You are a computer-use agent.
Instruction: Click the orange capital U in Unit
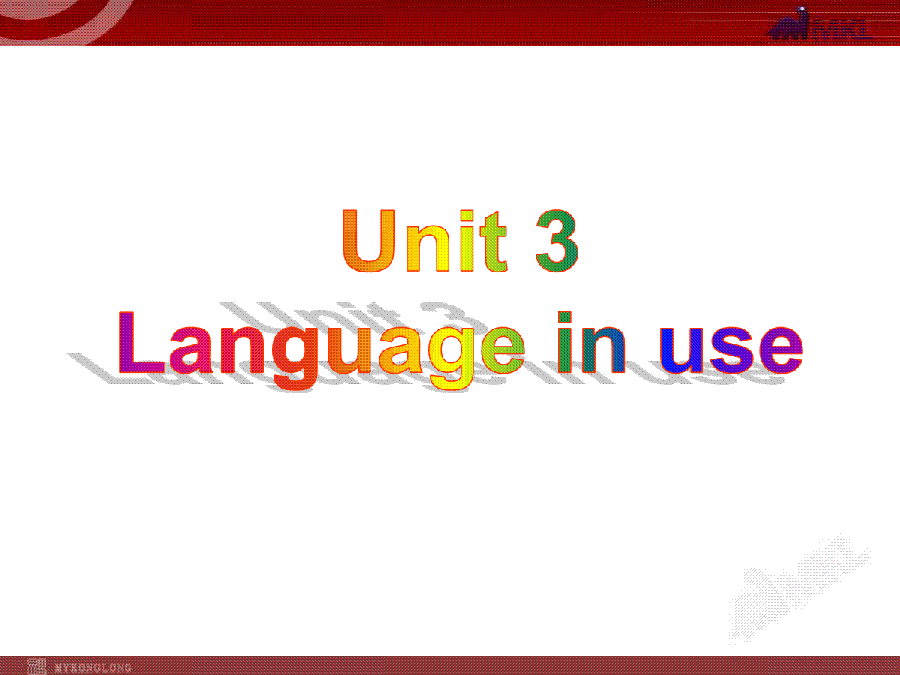(x=368, y=241)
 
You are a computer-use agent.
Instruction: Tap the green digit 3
(x=557, y=241)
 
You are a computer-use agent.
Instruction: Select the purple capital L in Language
(x=142, y=342)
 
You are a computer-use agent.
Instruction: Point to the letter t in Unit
(x=493, y=241)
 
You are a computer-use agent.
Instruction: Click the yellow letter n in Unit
(x=427, y=249)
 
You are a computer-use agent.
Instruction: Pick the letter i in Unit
(x=466, y=241)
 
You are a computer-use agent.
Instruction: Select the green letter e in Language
(x=502, y=350)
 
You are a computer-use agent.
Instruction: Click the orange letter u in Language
(x=349, y=351)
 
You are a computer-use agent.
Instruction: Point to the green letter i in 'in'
(x=565, y=342)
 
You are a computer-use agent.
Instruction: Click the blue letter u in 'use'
(x=681, y=351)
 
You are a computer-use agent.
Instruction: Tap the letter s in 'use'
(x=732, y=350)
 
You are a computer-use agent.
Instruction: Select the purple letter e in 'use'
(x=781, y=350)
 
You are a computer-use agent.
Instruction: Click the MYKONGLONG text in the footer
(x=93, y=667)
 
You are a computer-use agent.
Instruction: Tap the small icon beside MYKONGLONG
(x=37, y=667)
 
